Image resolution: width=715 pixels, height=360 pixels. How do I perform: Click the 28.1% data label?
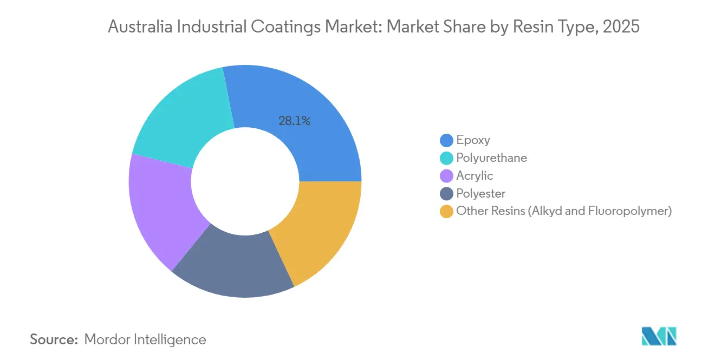point(294,121)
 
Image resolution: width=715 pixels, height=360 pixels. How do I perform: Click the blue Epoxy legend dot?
point(446,140)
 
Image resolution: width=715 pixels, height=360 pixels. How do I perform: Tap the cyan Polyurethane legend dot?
point(446,158)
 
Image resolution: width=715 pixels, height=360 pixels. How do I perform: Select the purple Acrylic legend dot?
point(446,176)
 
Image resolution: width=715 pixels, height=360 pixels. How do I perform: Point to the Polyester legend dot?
point(446,194)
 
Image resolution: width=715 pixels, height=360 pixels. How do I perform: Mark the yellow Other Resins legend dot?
point(446,212)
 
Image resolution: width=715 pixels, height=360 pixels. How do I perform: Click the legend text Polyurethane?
point(491,158)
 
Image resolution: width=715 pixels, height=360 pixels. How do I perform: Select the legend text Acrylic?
point(474,176)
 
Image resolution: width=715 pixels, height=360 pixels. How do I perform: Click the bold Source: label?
point(54,339)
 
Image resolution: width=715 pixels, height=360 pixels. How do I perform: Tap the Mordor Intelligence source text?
point(145,339)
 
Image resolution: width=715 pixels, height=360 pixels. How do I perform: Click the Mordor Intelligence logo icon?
point(659,336)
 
